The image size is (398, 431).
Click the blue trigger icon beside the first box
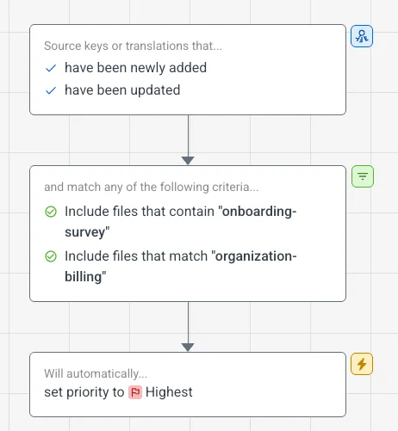(x=362, y=36)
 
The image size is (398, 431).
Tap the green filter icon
(x=363, y=176)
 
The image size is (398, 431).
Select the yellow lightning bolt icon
(x=362, y=364)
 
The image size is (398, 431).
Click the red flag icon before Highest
(x=135, y=392)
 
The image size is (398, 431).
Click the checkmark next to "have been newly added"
(x=51, y=68)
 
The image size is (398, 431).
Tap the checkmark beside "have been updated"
(x=51, y=90)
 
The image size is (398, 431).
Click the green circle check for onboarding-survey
(x=51, y=212)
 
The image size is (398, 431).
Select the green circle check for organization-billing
(x=51, y=256)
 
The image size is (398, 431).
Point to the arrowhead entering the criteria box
(x=188, y=161)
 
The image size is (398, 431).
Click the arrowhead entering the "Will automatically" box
(x=188, y=348)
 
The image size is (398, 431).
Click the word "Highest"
(x=169, y=392)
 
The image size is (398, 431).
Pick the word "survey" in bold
(x=85, y=232)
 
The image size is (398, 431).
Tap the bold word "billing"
(x=84, y=277)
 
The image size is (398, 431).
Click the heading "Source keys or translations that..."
(x=133, y=46)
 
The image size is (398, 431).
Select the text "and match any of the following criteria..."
(x=152, y=187)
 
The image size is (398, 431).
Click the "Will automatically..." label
(x=96, y=373)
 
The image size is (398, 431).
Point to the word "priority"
(x=96, y=392)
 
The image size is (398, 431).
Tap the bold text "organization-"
(x=256, y=256)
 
